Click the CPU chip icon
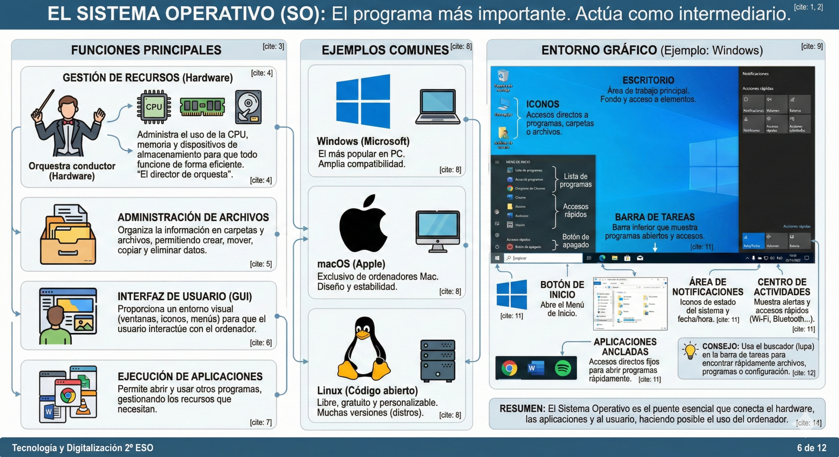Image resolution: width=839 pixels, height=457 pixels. (x=154, y=107)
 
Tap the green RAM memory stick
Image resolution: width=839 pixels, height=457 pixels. (x=202, y=106)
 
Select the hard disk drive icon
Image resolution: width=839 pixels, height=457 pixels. (x=248, y=107)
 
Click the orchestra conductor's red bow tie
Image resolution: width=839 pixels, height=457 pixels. (x=68, y=122)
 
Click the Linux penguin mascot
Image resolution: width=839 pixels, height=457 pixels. (x=364, y=349)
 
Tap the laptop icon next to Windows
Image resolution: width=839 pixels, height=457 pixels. (x=438, y=107)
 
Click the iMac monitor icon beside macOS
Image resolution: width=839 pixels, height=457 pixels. (x=438, y=231)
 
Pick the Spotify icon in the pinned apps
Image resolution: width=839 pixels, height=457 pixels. (x=563, y=368)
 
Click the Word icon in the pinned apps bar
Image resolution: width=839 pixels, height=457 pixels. (x=536, y=368)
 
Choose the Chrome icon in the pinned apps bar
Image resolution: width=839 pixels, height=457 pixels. (x=509, y=368)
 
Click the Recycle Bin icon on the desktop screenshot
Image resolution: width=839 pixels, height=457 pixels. (x=503, y=76)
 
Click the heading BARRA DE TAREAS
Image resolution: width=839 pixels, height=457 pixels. (x=654, y=217)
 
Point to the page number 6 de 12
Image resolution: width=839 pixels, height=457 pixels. (x=811, y=448)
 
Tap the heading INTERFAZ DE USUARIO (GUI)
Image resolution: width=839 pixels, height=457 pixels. (x=185, y=296)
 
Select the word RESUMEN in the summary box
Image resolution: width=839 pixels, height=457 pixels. (x=522, y=409)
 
